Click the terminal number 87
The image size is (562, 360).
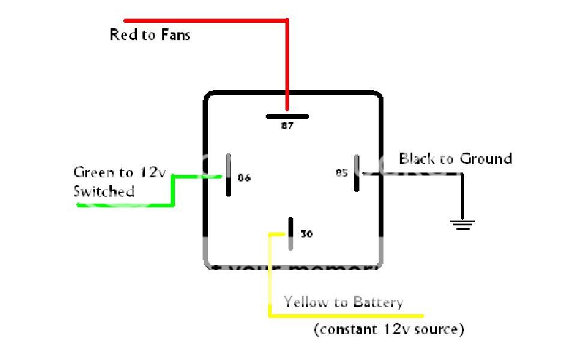click(287, 127)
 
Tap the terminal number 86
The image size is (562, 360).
click(244, 178)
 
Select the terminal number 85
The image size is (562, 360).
click(341, 173)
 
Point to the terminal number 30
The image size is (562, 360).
click(307, 234)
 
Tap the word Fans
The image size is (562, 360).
click(175, 35)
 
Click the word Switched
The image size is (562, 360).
click(103, 192)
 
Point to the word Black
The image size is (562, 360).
click(418, 159)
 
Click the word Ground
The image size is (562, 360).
click(486, 159)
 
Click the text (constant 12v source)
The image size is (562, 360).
click(389, 329)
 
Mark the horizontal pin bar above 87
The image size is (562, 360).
click(287, 117)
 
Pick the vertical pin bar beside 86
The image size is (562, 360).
click(228, 175)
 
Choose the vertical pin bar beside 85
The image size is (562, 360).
click(356, 173)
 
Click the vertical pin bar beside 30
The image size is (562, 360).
click(290, 233)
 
